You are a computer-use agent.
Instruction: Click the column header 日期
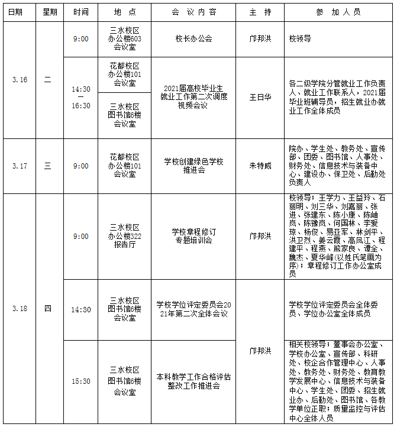pos(19,12)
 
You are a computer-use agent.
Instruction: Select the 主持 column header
pos(260,12)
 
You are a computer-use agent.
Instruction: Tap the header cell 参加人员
pos(338,12)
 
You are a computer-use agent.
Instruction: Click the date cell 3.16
pos(19,80)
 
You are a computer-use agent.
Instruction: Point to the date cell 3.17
pos(19,166)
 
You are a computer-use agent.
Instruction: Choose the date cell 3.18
pos(19,308)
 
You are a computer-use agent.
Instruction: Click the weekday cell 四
pos(48,308)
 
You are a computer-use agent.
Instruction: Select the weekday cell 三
pos(48,166)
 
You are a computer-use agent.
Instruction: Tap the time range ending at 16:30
pos(81,97)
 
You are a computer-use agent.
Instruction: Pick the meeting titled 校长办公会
pos(193,39)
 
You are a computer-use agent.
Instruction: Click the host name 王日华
pos(260,97)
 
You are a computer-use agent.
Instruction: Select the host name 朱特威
pos(260,166)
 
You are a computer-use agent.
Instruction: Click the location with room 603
pos(125,39)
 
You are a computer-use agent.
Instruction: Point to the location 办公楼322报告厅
pos(125,236)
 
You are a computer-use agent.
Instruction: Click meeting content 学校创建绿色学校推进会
pos(193,166)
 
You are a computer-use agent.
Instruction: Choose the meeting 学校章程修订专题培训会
pos(193,236)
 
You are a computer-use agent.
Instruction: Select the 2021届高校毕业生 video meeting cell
pos(193,97)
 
